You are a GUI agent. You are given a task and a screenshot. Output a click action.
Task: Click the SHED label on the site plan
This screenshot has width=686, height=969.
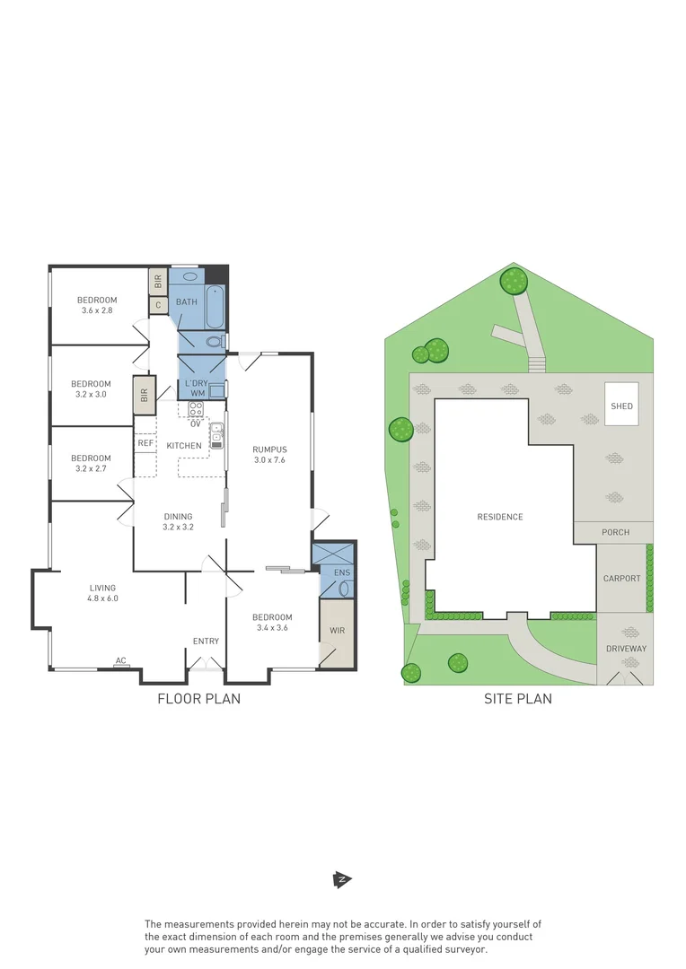pos(621,406)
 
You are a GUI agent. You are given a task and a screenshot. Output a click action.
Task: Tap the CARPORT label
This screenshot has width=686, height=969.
pos(621,579)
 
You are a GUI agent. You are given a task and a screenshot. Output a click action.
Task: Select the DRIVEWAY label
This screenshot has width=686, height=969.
pos(626,649)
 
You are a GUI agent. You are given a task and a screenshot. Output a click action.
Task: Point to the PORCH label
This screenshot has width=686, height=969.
pos(615,532)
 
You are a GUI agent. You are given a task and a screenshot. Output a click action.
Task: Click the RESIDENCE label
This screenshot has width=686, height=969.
pos(500,517)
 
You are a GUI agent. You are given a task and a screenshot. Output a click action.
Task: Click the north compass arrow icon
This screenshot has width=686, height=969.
pos(341,879)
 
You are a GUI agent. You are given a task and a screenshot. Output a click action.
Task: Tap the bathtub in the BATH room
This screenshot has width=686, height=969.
pos(214,307)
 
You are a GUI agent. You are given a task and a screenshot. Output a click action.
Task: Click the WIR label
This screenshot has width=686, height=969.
pos(337,631)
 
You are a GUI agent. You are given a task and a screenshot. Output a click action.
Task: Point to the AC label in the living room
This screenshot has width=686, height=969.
pos(120,661)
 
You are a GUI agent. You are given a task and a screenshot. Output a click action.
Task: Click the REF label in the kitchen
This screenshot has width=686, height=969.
pos(145,443)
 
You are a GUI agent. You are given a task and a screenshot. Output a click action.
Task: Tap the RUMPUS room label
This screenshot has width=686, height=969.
pos(269,450)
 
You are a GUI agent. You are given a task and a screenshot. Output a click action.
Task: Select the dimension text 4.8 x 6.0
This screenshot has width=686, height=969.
pos(102,598)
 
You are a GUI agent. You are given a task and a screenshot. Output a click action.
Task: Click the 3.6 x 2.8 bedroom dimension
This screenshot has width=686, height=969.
pos(96,311)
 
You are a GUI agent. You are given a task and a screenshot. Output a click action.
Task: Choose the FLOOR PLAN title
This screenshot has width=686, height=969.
pos(198,699)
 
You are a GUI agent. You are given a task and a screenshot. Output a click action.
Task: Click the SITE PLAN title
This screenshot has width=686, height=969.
pos(518,699)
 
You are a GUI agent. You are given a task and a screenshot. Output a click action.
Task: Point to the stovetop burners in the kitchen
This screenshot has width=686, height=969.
pos(196,409)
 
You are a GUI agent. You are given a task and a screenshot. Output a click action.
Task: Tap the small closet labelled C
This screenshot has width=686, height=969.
pos(158,305)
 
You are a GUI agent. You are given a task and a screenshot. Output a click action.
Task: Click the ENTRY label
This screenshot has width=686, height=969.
pos(206,641)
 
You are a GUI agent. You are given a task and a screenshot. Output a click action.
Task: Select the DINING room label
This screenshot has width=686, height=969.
pos(178,516)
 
